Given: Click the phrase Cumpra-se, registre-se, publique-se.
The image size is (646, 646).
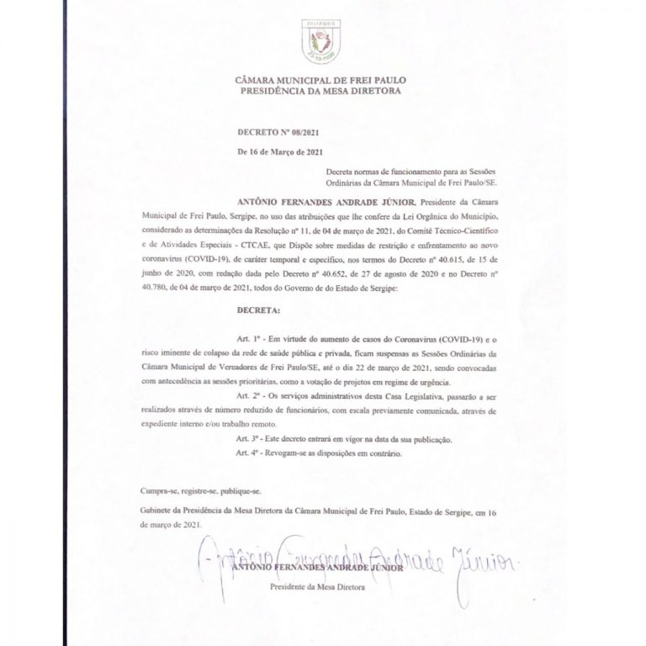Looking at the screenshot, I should (184, 490).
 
